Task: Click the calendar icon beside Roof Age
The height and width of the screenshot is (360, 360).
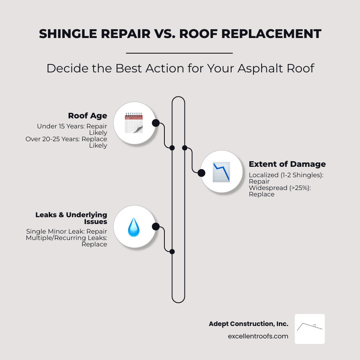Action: pos(134,123)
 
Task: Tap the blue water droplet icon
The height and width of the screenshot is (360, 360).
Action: pos(134,227)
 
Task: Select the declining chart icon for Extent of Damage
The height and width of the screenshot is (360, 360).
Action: pos(221,172)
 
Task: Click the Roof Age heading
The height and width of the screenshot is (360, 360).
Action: pos(88,116)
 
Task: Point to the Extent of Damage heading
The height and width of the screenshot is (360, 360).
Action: pos(287,164)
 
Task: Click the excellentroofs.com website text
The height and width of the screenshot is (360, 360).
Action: pos(258,336)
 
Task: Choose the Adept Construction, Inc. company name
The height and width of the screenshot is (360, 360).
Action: pos(248,324)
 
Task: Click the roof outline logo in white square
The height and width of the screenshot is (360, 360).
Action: pos(310,329)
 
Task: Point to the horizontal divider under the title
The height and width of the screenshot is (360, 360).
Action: pos(179,53)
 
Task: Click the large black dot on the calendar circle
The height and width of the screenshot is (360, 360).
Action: pos(156,123)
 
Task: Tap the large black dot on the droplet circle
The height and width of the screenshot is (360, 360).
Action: pos(156,227)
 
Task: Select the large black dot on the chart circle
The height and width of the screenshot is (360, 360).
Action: pos(202,173)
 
